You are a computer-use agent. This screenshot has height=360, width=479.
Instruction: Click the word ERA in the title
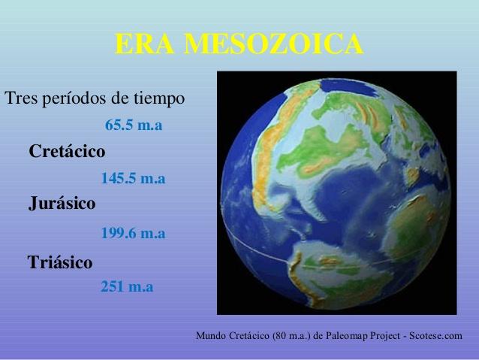click(x=144, y=44)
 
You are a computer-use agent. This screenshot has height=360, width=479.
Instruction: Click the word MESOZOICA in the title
click(x=274, y=44)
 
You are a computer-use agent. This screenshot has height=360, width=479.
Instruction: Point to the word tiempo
click(x=159, y=98)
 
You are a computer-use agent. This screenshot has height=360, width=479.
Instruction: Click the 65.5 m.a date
click(x=134, y=125)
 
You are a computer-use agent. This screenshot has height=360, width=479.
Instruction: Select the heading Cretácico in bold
click(x=67, y=151)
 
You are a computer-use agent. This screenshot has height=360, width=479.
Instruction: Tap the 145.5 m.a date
click(x=133, y=178)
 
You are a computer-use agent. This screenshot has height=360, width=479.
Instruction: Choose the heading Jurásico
click(x=62, y=204)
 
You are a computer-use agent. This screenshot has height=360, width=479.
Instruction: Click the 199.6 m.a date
click(x=133, y=233)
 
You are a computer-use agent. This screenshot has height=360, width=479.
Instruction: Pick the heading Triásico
click(x=60, y=262)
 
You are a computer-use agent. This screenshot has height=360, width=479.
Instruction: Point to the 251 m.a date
click(x=127, y=286)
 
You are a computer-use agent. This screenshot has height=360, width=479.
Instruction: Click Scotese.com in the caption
click(x=435, y=335)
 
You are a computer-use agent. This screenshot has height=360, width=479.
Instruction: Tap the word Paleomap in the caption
click(x=347, y=336)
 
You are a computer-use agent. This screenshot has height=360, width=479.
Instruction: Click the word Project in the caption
click(x=385, y=336)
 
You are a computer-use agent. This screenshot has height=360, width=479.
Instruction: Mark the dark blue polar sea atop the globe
click(x=348, y=86)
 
